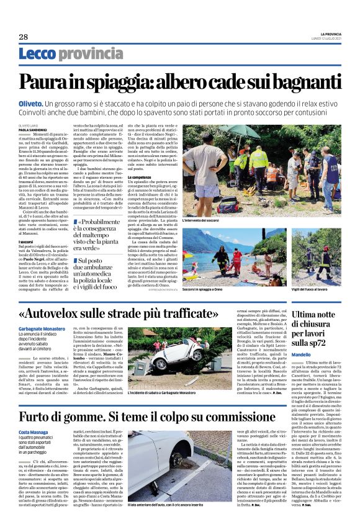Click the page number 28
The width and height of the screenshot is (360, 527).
[23, 37]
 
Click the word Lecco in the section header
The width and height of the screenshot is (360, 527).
[37, 55]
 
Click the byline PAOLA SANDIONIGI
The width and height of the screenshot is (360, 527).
[32, 130]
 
